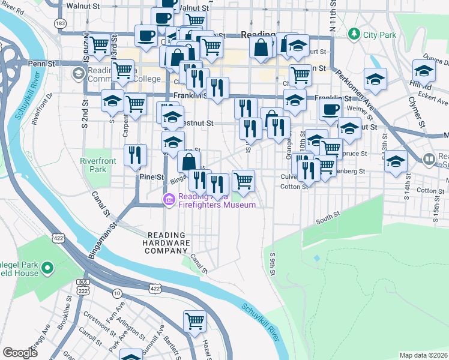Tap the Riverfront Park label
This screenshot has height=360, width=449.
point(94,165)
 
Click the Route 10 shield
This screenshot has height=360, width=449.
point(116,293)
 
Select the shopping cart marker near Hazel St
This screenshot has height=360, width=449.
point(195,321)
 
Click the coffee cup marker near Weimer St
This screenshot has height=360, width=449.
point(330,109)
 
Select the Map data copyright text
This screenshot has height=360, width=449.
point(424,355)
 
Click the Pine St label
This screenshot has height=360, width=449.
point(151,177)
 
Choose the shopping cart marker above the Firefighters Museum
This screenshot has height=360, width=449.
point(243,179)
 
